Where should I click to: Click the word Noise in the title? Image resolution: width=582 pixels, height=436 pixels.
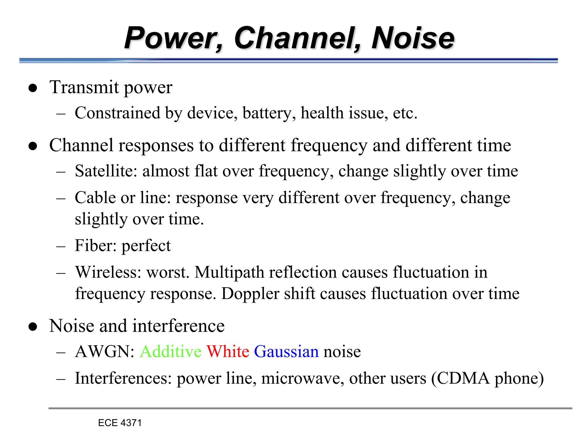413,38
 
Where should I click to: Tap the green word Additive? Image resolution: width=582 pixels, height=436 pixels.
171,351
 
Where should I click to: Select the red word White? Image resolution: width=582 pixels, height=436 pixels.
228,351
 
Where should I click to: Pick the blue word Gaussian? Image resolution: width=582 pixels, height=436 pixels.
286,351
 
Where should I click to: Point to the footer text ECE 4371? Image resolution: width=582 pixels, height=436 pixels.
120,423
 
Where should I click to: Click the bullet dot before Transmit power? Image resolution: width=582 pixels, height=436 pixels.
33,88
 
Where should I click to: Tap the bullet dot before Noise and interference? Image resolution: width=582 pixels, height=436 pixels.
33,327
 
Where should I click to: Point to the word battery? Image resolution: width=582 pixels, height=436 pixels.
267,113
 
